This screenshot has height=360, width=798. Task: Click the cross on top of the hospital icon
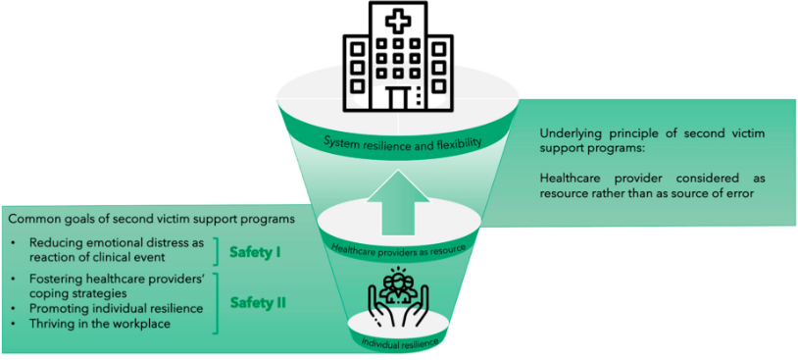(398, 21)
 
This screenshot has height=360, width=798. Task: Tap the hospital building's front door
(398, 98)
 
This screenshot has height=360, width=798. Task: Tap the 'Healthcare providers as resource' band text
(398, 248)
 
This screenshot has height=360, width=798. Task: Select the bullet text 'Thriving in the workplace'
(100, 324)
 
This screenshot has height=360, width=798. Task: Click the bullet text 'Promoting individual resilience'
(117, 309)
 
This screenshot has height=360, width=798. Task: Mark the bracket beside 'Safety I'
(217, 251)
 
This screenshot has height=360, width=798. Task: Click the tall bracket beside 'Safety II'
(217, 304)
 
